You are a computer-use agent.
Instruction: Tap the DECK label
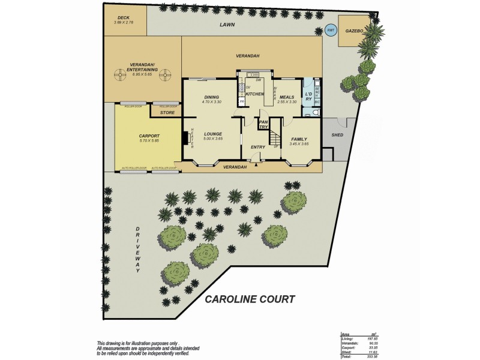pyautogui.click(x=124, y=18)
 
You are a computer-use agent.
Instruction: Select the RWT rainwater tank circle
pyautogui.click(x=331, y=31)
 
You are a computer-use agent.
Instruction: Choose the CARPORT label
pyautogui.click(x=140, y=136)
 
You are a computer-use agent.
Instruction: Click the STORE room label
pyautogui.click(x=167, y=112)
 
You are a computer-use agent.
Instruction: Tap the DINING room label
pyautogui.click(x=211, y=97)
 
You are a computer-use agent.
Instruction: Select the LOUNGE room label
pyautogui.click(x=213, y=134)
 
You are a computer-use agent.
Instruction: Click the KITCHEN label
pyautogui.click(x=255, y=94)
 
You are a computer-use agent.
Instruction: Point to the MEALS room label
pyautogui.click(x=286, y=97)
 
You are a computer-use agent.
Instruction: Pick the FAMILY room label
pyautogui.click(x=299, y=139)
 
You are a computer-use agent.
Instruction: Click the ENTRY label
pyautogui.click(x=258, y=147)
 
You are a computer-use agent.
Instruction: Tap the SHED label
pyautogui.click(x=337, y=135)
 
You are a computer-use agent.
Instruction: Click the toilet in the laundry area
pyautogui.click(x=317, y=112)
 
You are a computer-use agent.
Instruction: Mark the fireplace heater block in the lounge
pyautogui.click(x=185, y=139)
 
